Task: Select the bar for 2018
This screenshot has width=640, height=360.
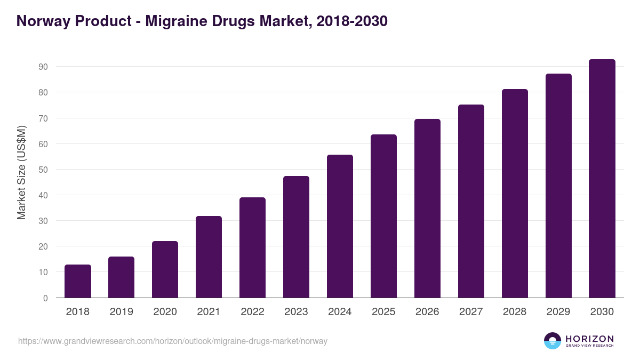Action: point(78,281)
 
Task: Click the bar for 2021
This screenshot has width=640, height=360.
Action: point(209,257)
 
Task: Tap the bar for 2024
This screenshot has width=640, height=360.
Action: point(340,226)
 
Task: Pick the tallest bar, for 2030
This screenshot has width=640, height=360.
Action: point(602,179)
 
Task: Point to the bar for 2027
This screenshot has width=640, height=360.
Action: point(471,201)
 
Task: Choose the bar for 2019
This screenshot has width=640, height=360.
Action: point(121,277)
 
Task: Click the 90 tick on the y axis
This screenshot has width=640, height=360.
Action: point(43,67)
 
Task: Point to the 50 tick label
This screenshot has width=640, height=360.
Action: point(43,170)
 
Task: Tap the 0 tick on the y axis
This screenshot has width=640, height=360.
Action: point(45,298)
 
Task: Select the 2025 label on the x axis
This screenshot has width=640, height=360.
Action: point(383,312)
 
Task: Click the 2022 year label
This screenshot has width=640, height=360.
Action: point(252,312)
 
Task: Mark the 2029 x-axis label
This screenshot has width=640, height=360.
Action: point(558,312)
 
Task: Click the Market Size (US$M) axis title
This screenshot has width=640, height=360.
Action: point(22,172)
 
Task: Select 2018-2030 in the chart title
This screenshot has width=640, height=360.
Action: point(351,21)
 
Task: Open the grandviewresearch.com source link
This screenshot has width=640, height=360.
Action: point(173,341)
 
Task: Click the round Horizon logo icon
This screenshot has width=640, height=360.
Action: point(553,341)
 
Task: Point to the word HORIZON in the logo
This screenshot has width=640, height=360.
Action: point(589,339)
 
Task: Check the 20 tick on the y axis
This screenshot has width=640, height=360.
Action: point(43,246)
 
